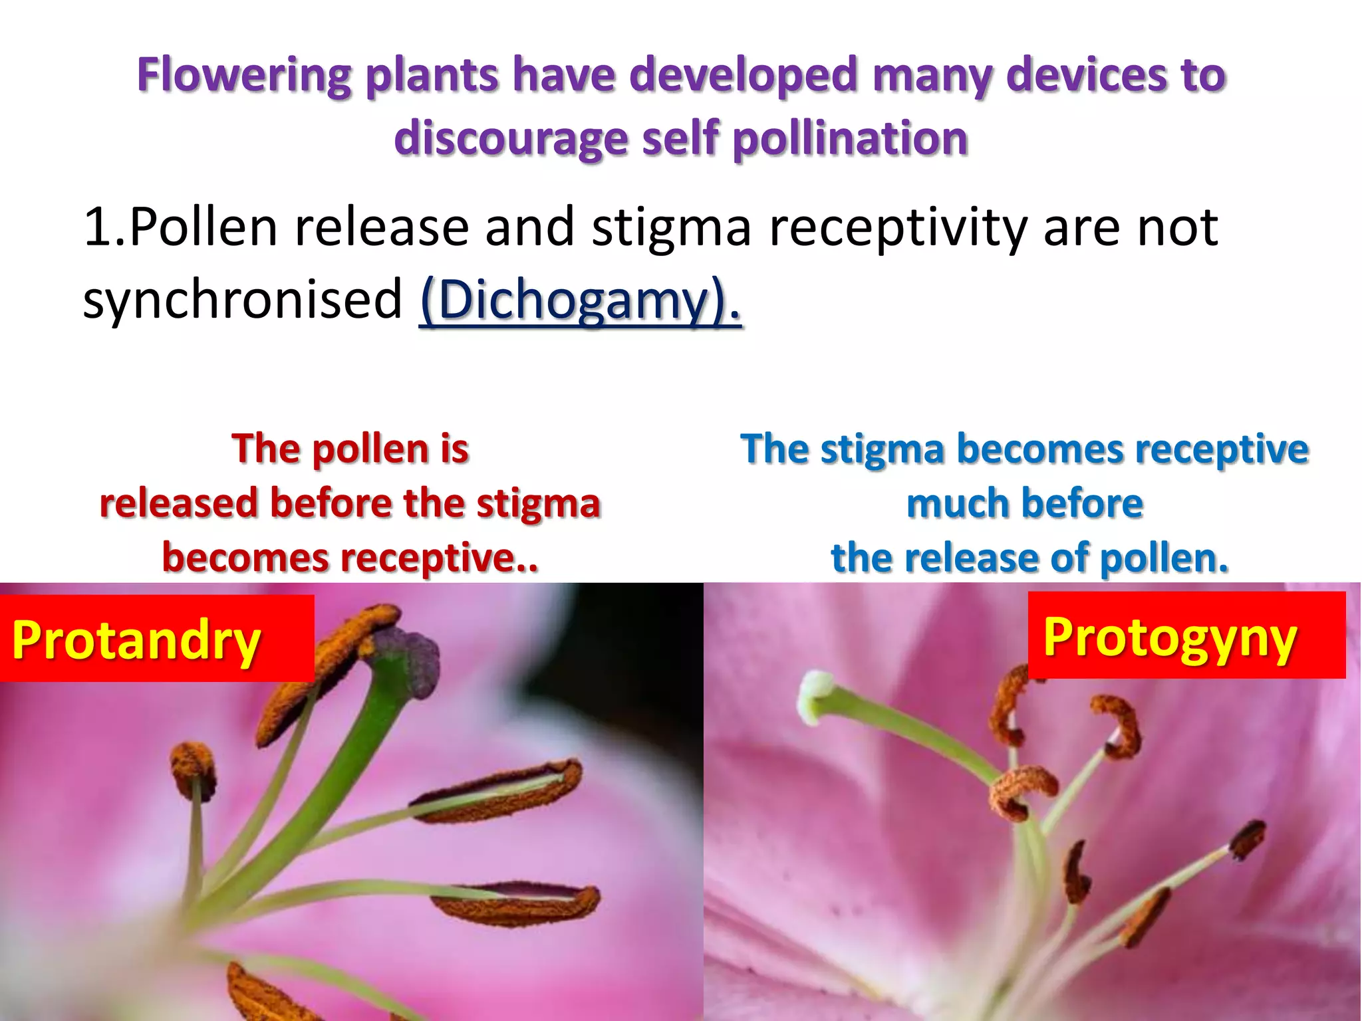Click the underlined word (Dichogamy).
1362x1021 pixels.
(580, 300)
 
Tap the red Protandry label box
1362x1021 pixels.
(157, 639)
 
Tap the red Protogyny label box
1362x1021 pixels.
(1186, 635)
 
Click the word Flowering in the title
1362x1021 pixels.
(243, 75)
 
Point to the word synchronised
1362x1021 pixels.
(243, 299)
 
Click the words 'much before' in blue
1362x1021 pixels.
(1025, 503)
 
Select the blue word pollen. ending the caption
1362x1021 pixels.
(1164, 558)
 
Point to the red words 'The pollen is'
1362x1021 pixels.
(350, 449)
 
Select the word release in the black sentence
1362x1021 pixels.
(382, 227)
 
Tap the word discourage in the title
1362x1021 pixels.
(510, 138)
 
